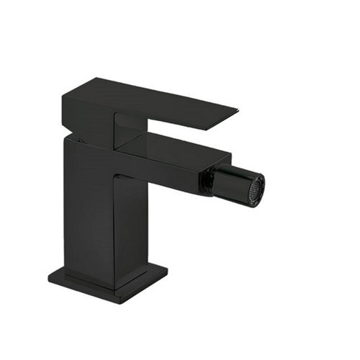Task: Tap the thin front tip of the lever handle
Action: click(x=232, y=113)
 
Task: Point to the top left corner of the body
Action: click(x=64, y=136)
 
